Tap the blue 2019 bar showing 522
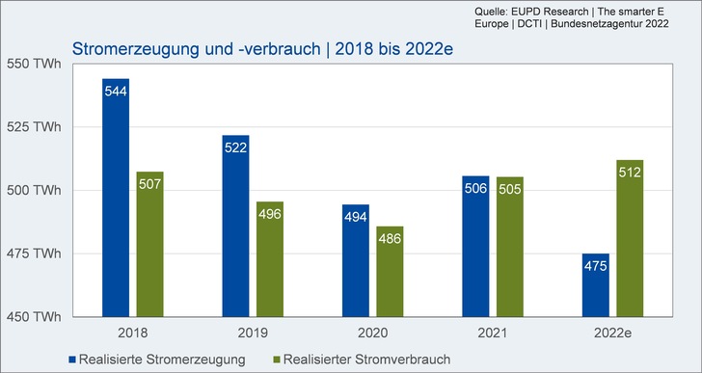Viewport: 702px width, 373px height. point(235,226)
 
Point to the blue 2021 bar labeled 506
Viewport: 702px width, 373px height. point(475,246)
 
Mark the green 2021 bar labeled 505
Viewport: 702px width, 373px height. point(510,247)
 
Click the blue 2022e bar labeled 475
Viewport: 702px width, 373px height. point(595,284)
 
